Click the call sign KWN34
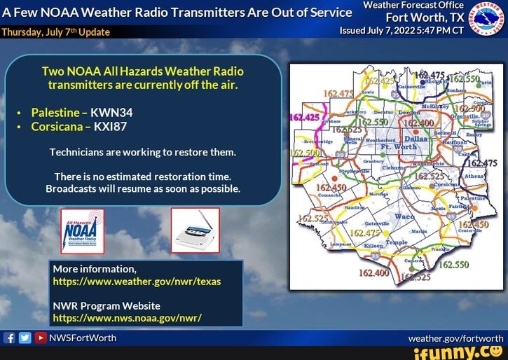[x=111, y=113]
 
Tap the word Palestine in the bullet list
[x=55, y=113]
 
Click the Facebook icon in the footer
[x=10, y=338]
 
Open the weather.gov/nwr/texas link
[x=137, y=282]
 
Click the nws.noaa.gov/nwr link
[x=127, y=317]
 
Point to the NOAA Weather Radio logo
[x=82, y=231]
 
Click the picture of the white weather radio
[x=195, y=230]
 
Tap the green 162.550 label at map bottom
[x=453, y=265]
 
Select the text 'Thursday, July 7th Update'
[x=46, y=32]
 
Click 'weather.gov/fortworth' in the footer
[x=455, y=338]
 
